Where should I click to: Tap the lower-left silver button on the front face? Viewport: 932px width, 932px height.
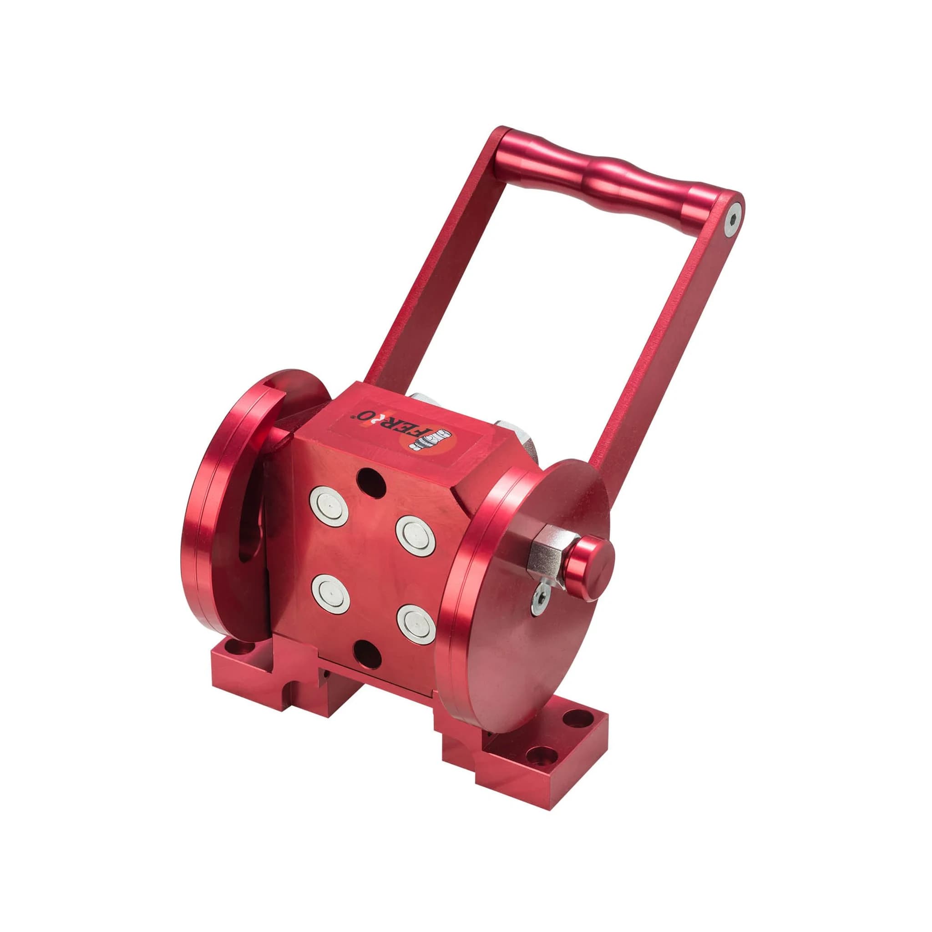(x=329, y=594)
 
